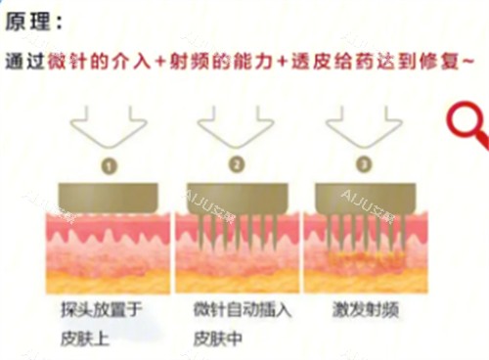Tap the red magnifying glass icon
pos(468,128)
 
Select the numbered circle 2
pos(236,164)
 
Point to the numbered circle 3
pos(364,164)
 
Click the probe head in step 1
pos(109,197)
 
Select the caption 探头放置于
pos(102,312)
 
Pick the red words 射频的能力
pos(214,61)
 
